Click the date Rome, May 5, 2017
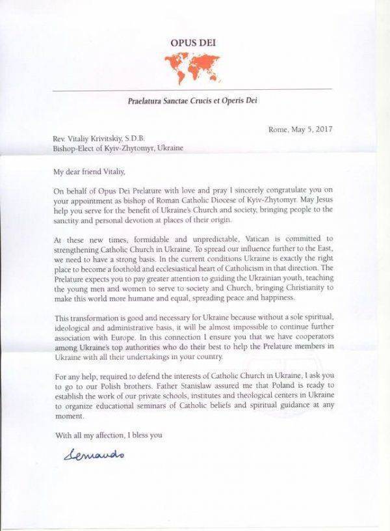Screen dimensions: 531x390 point(300,129)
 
